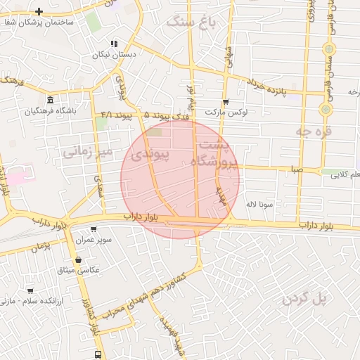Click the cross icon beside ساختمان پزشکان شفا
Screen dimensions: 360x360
[x=38, y=11]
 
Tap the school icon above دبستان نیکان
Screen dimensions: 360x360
[x=114, y=44]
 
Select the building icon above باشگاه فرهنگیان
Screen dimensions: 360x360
[x=50, y=99]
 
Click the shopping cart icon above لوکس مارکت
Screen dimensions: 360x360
[x=225, y=101]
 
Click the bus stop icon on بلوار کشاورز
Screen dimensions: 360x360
[x=97, y=354]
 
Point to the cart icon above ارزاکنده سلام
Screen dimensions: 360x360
[x=30, y=290]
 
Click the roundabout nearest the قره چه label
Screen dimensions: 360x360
[x=326, y=109]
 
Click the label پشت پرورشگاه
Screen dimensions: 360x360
[x=216, y=154]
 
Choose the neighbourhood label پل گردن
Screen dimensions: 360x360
[x=306, y=298]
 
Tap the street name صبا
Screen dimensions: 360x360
[x=296, y=169]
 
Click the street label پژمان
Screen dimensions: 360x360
[x=41, y=247]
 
